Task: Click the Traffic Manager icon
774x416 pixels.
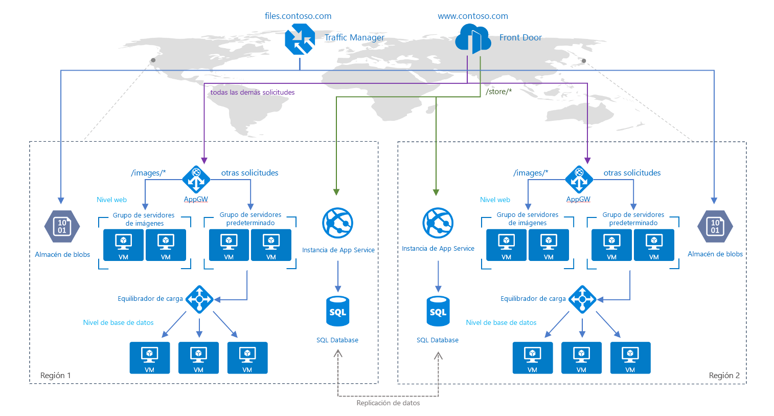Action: [x=300, y=39]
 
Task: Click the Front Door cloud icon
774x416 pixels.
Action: [x=473, y=39]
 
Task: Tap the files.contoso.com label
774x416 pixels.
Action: [x=298, y=16]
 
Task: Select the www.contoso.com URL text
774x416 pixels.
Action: [x=473, y=16]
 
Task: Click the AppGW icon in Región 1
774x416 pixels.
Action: [x=196, y=180]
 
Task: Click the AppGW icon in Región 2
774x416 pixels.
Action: [x=579, y=180]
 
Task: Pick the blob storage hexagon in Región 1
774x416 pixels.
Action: [x=62, y=226]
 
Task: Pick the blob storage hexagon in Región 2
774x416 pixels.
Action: [x=715, y=226]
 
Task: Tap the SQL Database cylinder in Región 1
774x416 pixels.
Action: [x=337, y=311]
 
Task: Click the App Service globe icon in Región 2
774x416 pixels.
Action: [x=438, y=223]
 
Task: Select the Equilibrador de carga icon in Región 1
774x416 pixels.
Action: [x=199, y=299]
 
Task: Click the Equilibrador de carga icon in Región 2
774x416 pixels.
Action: [x=582, y=299]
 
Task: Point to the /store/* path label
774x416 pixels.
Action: [x=498, y=92]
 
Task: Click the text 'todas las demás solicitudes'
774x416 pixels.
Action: [x=253, y=93]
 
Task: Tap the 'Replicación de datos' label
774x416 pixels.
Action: [x=388, y=403]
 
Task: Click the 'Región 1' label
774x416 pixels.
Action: [x=56, y=376]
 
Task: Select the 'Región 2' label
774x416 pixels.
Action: [x=724, y=376]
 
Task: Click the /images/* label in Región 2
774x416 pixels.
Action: [x=531, y=173]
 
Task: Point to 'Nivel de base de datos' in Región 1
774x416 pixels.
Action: [x=118, y=323]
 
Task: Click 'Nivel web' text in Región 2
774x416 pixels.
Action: [x=495, y=200]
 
